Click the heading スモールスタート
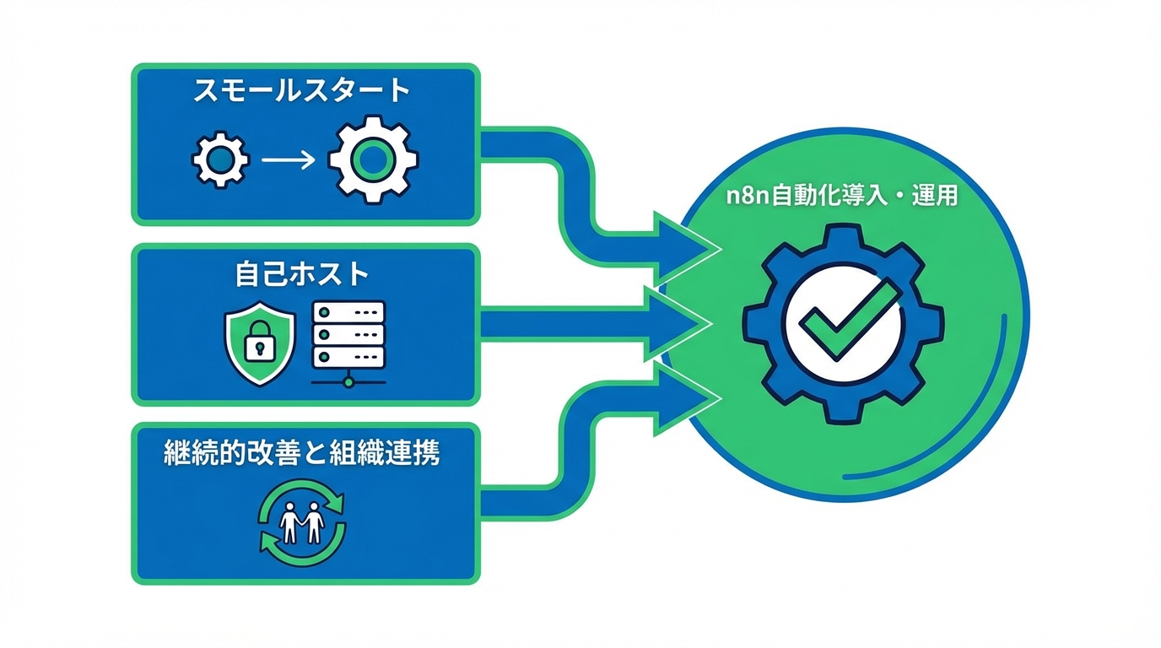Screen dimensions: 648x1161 (x=301, y=90)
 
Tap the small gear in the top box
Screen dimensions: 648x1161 (x=221, y=159)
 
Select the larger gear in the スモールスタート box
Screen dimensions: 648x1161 (x=373, y=159)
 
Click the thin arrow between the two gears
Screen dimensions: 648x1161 (x=287, y=159)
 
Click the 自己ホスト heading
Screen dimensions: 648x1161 (x=301, y=273)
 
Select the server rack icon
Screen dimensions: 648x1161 (x=348, y=335)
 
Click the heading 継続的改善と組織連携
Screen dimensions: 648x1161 (x=301, y=454)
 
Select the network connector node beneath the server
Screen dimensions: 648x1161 (x=348, y=382)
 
